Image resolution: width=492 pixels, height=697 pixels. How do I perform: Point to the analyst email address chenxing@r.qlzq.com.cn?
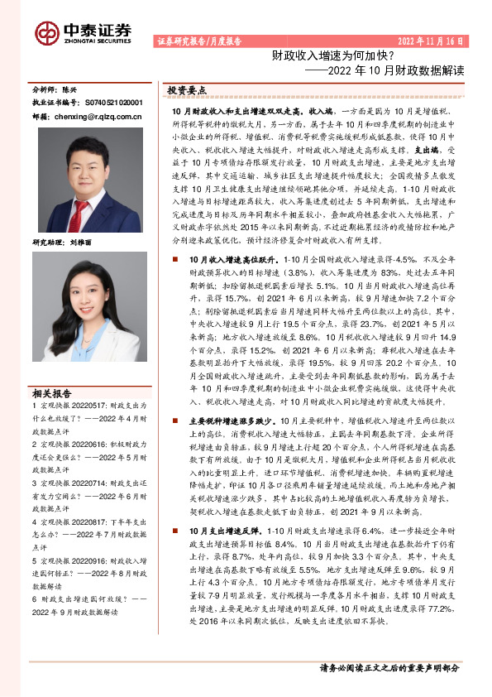tap(99, 118)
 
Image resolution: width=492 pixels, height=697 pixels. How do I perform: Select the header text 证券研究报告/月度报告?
tap(198, 41)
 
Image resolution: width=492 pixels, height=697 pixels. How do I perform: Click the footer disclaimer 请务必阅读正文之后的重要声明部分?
tap(389, 666)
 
